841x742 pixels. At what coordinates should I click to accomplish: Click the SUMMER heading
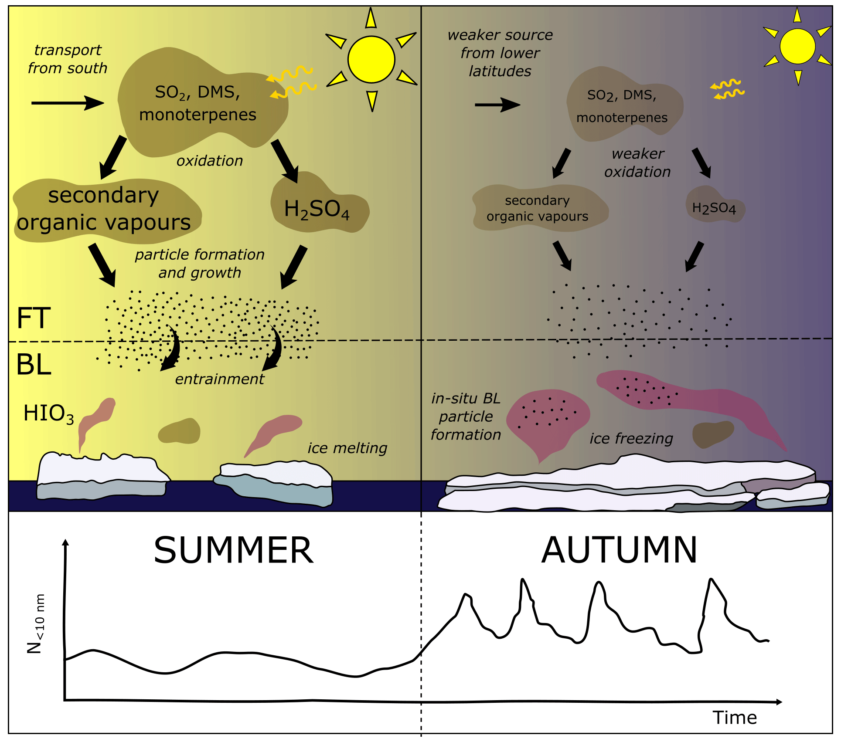point(234,550)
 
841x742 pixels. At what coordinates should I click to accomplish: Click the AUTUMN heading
point(619,550)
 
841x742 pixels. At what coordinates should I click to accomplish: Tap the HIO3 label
point(48,413)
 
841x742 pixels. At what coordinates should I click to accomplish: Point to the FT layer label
point(34,318)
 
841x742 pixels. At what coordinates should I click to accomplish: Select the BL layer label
point(34,365)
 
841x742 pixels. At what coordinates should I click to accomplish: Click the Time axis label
point(735,718)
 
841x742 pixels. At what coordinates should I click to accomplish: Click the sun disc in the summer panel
point(371,60)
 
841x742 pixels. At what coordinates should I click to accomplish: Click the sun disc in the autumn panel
point(797,46)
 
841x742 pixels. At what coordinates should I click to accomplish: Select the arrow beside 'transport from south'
point(68,103)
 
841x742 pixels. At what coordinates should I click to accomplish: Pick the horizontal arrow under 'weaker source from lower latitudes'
point(497,105)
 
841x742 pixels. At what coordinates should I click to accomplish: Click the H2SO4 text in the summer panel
point(317,209)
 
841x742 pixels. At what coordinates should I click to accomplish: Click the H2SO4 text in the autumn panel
point(714,208)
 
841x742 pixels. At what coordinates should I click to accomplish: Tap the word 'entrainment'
point(219,379)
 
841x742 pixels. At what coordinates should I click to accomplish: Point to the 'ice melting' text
point(347,448)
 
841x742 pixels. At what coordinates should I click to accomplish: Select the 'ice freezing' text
point(631,439)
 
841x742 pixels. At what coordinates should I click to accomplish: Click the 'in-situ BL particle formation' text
point(466,417)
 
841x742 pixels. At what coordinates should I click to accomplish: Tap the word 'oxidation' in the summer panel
point(209,161)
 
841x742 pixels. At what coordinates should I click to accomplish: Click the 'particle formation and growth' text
point(200,264)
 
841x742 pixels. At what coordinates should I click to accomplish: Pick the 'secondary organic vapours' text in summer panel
point(104,209)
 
